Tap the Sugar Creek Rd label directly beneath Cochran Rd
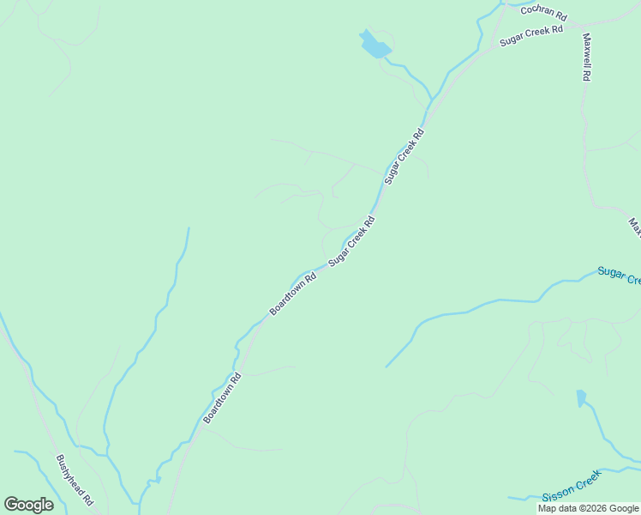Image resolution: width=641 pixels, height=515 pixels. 530,35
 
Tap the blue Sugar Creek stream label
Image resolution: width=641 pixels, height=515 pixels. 619,276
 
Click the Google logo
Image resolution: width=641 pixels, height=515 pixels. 28,505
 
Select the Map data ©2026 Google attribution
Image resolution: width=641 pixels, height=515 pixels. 589,508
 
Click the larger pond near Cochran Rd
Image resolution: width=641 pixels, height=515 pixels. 375,45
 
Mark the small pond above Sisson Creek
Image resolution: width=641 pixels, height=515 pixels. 581,398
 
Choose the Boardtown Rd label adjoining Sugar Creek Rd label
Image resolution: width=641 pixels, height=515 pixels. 293,294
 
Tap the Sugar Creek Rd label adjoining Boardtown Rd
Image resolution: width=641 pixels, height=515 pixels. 352,239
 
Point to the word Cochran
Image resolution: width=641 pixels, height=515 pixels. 536,10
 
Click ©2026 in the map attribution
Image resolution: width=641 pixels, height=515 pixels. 592,508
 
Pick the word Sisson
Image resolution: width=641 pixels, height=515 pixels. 557,495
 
